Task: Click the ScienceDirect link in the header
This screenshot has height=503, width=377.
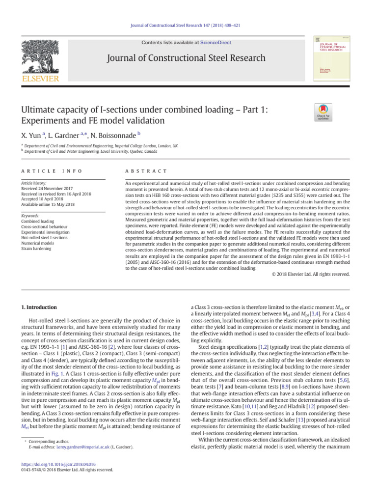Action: click(214, 43)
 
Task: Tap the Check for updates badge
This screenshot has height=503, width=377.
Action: click(323, 113)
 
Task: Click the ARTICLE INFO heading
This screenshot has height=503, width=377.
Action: click(51, 170)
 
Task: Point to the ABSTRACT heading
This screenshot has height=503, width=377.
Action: click(146, 170)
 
